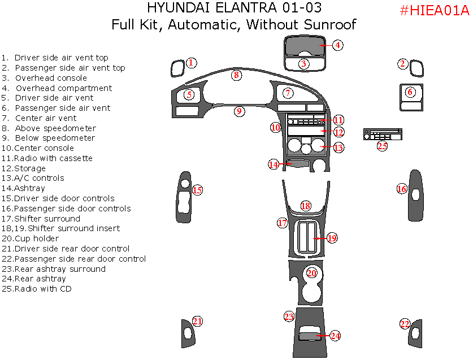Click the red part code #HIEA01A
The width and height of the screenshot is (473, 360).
[x=434, y=11]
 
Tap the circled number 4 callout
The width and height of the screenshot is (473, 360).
[x=337, y=45]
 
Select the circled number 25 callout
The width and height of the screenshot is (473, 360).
[x=383, y=146]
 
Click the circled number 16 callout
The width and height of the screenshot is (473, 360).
[x=402, y=189]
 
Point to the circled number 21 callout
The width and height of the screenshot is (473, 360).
[x=197, y=322]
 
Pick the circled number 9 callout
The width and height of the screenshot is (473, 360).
[x=240, y=111]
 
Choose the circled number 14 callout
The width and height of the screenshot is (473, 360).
[x=274, y=164]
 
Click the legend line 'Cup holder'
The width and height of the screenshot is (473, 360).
[x=37, y=238]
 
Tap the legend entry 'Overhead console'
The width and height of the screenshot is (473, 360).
[x=51, y=78]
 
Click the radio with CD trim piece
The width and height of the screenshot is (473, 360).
[x=383, y=135]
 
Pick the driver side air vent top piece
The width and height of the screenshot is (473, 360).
[x=177, y=68]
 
